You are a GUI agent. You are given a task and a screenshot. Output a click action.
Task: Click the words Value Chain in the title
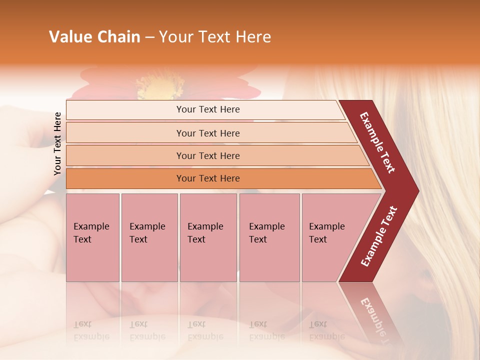(x=94, y=37)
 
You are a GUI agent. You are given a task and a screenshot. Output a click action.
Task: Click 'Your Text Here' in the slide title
(x=215, y=37)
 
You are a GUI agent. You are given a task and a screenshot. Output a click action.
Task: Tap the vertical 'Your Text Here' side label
(x=57, y=143)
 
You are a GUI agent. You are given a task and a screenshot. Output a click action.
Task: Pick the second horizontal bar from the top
(x=207, y=133)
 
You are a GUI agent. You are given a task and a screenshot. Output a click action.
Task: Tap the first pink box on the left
(x=92, y=237)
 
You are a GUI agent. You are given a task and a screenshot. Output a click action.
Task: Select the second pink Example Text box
(x=149, y=237)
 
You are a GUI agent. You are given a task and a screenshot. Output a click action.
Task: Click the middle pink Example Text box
(x=208, y=237)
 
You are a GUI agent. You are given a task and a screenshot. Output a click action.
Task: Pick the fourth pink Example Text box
(x=269, y=237)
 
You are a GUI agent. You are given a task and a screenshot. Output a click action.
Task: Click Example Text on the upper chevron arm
(x=377, y=142)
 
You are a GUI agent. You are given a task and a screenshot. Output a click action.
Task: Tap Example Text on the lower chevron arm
(x=379, y=236)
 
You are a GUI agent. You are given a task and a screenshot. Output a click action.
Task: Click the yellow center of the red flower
(x=160, y=86)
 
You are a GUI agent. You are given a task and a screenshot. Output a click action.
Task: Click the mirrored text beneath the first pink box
(x=91, y=330)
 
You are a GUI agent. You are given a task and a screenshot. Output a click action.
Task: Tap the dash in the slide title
(x=149, y=37)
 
